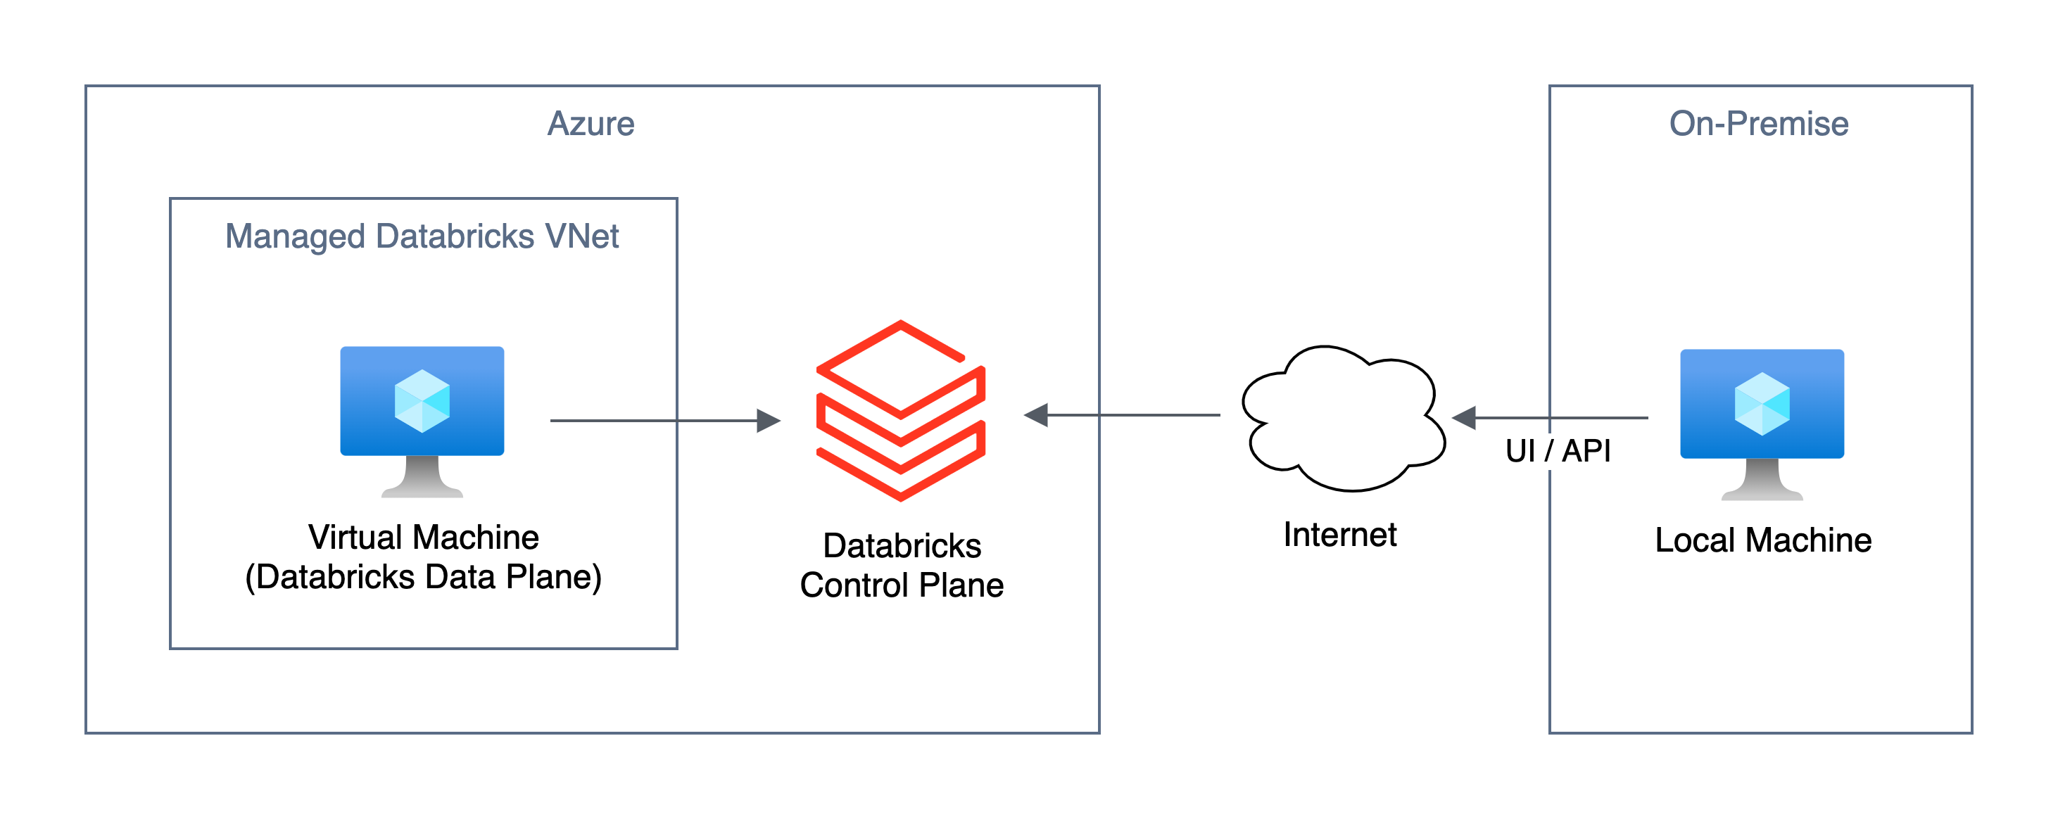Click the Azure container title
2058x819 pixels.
click(591, 124)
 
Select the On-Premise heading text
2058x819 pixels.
click(1758, 124)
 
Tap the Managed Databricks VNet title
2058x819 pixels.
click(422, 236)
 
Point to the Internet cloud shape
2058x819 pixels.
click(1342, 419)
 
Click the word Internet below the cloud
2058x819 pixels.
click(1340, 535)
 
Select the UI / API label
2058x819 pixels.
click(1557, 450)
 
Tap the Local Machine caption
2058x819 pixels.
click(1762, 540)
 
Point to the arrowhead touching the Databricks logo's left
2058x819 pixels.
click(768, 420)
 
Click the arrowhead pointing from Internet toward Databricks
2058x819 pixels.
click(1036, 414)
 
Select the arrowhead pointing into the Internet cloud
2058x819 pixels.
click(1463, 417)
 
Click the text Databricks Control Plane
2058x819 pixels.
click(901, 566)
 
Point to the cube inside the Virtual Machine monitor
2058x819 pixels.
click(422, 401)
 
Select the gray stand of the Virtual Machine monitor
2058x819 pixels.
click(422, 478)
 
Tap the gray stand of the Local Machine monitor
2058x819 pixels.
click(1762, 481)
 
